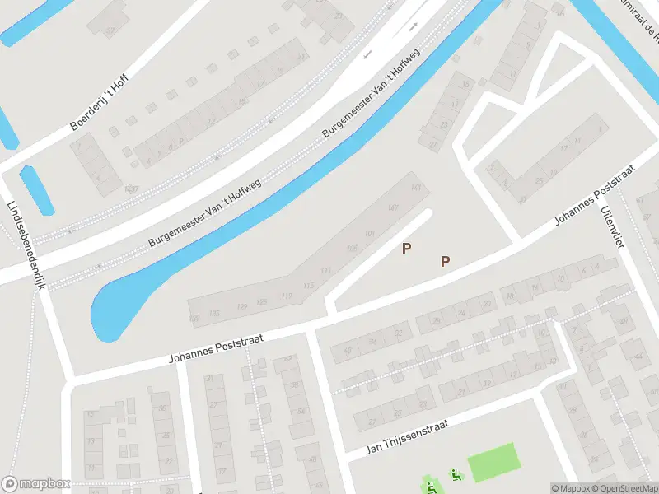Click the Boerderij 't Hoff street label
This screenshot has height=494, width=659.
pos(100,102)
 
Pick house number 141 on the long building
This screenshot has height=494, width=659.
pos(416,189)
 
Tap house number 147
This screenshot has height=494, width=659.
pos(393,207)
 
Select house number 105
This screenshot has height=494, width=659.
pos(353,249)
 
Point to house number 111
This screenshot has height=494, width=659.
pos(326,270)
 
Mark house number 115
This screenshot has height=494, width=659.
pos(309,285)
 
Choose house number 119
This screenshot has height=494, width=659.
pos(287,296)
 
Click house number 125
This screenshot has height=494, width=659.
pos(262,302)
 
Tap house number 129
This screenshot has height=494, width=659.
pos(241,306)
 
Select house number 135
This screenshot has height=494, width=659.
pos(214,313)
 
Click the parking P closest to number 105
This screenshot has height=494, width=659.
pos(406,248)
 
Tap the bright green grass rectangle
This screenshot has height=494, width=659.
pos(493,462)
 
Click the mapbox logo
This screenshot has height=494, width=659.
pos(35,484)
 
